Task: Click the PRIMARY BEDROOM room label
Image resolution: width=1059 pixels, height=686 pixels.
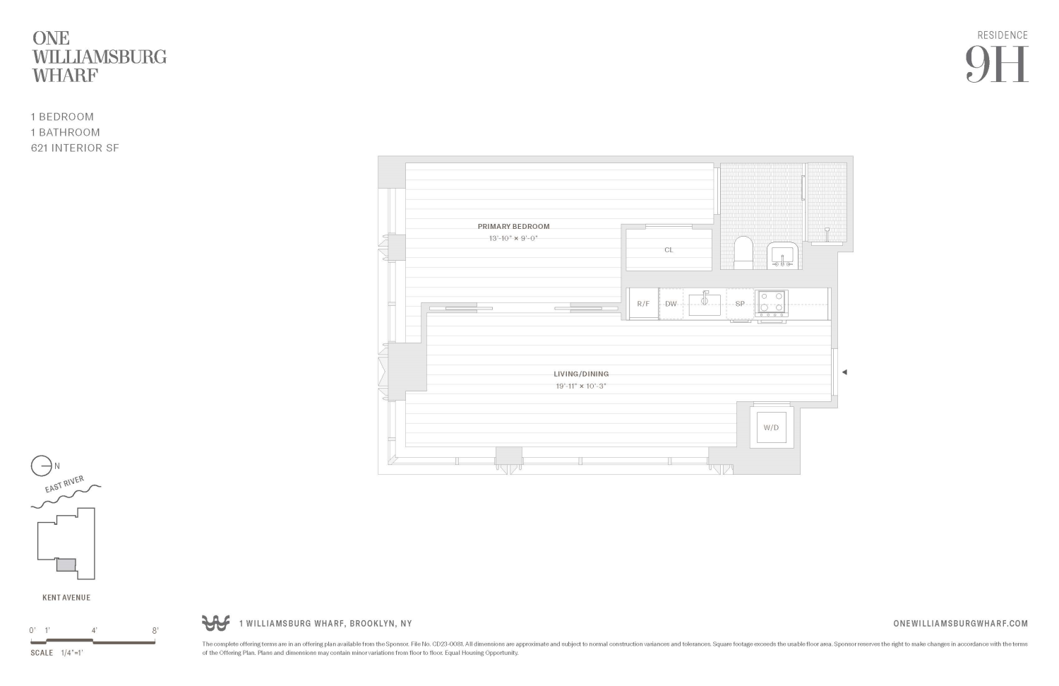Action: tap(513, 227)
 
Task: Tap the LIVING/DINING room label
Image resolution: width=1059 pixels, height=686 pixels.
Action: tap(580, 374)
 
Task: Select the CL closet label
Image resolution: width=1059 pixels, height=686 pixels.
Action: tap(669, 250)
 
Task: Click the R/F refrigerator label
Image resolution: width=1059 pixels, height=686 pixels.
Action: tap(643, 304)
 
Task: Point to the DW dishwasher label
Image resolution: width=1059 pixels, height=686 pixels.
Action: tap(671, 304)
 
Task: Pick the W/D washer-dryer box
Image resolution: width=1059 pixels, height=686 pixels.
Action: tap(771, 427)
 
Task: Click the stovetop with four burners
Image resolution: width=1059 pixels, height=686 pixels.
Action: tap(771, 302)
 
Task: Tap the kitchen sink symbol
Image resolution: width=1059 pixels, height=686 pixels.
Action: tap(705, 304)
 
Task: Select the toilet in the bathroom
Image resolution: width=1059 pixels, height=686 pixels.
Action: tap(743, 253)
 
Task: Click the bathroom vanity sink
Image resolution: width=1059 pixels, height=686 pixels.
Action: tap(782, 255)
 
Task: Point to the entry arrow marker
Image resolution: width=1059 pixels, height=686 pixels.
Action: tap(844, 372)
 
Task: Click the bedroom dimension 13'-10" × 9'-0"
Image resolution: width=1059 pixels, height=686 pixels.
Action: tap(513, 239)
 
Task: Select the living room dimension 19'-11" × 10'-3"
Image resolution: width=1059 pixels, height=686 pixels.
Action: tap(580, 386)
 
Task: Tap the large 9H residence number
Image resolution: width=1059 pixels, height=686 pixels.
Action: tap(997, 64)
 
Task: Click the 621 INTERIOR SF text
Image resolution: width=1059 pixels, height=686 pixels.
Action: tap(75, 148)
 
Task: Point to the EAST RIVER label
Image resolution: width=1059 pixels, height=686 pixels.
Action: tap(64, 485)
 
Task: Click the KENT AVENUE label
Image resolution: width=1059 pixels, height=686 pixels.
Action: tap(66, 598)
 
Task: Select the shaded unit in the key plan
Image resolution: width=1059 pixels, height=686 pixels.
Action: tap(66, 565)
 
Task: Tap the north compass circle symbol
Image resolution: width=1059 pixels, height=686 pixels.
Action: tap(41, 466)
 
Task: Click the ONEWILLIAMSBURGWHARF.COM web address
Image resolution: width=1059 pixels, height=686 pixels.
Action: tap(960, 623)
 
